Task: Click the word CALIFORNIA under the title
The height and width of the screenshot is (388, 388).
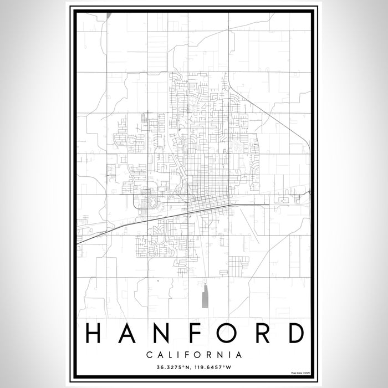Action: tap(194, 353)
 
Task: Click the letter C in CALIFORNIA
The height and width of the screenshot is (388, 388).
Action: tap(149, 353)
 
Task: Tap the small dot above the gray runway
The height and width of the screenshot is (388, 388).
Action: tap(205, 284)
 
